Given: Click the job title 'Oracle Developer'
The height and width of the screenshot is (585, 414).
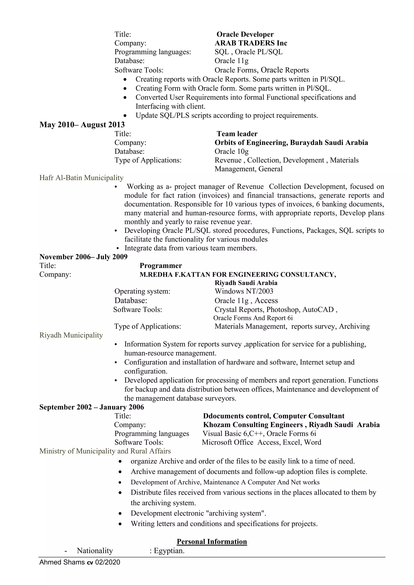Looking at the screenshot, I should point(245,34).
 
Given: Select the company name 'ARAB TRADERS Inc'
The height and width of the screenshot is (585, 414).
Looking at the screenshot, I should point(251,43).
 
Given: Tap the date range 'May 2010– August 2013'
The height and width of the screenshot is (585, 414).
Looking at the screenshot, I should point(82,125).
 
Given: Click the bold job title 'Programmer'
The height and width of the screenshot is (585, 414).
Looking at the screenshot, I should point(161,266).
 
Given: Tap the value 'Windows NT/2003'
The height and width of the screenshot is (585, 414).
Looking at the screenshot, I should point(244,291).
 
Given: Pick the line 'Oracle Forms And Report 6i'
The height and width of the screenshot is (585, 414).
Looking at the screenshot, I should point(253,318).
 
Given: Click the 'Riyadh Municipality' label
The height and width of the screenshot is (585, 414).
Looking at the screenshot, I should point(71,335).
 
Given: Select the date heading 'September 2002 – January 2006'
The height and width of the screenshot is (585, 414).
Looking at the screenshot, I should point(92,407).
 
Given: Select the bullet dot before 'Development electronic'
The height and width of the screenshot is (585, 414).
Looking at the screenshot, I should point(120,513).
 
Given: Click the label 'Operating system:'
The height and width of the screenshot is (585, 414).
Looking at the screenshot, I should point(142,291).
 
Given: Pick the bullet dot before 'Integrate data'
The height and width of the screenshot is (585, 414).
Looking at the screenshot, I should point(118,248).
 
